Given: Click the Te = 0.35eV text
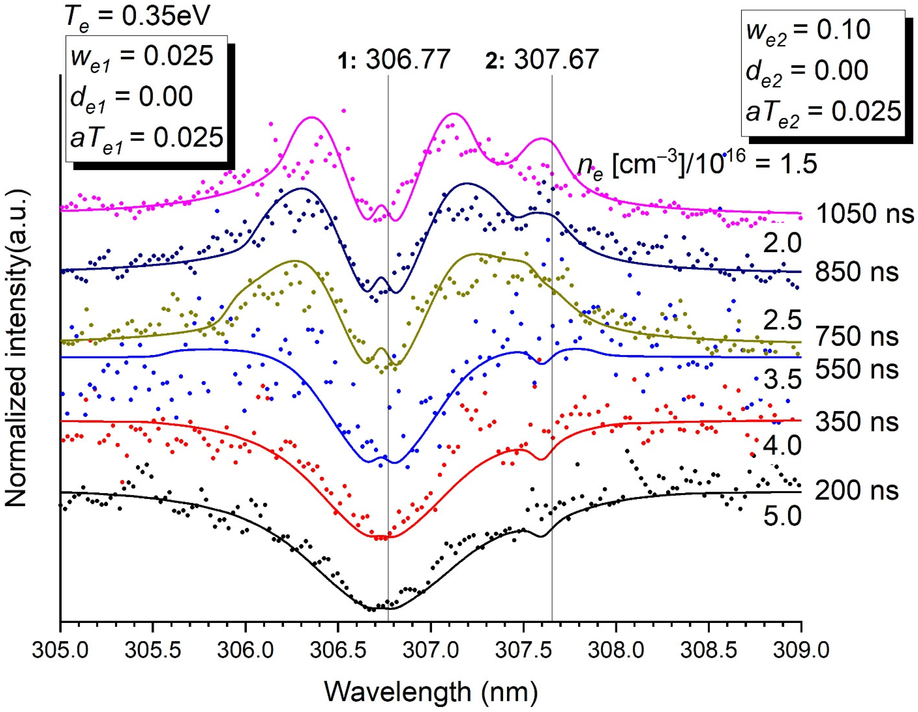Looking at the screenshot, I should coord(136,18).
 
